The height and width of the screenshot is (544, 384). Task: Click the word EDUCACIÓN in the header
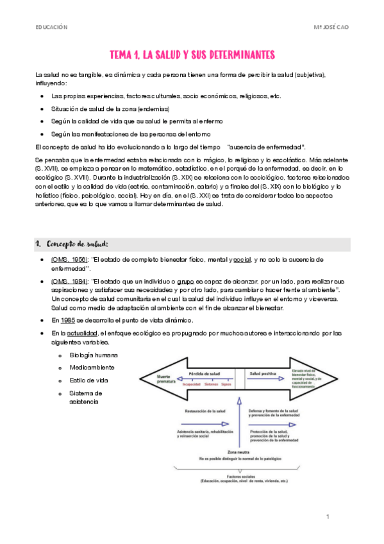(52, 28)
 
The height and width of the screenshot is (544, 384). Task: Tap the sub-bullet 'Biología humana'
(94, 355)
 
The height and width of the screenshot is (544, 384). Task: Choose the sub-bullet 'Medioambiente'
(92, 368)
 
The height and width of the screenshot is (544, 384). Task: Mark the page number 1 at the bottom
(327, 516)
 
